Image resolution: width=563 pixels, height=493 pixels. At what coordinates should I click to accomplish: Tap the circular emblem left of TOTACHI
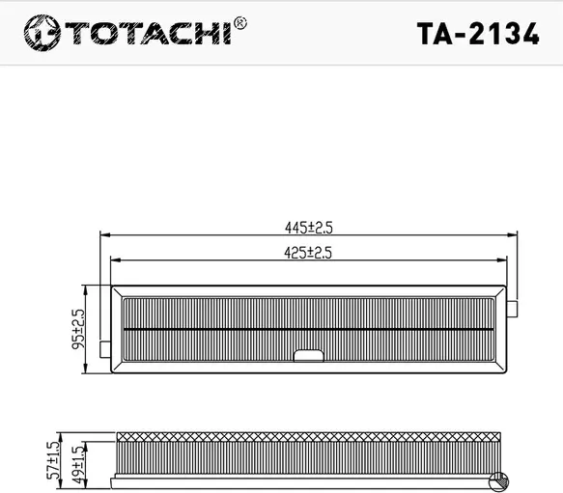click(x=40, y=34)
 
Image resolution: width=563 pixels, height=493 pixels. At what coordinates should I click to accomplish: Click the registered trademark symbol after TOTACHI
click(x=240, y=21)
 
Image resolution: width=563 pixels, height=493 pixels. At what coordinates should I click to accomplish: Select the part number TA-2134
click(x=476, y=33)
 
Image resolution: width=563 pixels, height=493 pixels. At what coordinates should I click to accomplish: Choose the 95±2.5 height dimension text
click(x=78, y=329)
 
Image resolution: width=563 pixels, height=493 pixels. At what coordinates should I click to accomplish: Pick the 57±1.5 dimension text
click(x=53, y=454)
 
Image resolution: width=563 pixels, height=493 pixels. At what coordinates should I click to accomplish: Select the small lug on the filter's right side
click(x=514, y=308)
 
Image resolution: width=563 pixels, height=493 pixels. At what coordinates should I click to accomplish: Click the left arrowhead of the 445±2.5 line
click(x=104, y=234)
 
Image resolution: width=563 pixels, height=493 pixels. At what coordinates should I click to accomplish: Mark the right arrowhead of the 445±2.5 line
click(x=514, y=234)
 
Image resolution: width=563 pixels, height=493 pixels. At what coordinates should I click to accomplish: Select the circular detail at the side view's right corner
click(x=499, y=479)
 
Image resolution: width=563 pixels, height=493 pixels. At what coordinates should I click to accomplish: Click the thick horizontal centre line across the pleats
click(x=309, y=328)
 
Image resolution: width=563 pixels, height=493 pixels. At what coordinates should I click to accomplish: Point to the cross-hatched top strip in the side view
click(x=309, y=438)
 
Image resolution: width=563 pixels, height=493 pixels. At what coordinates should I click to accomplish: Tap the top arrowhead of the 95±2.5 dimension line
click(x=88, y=288)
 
